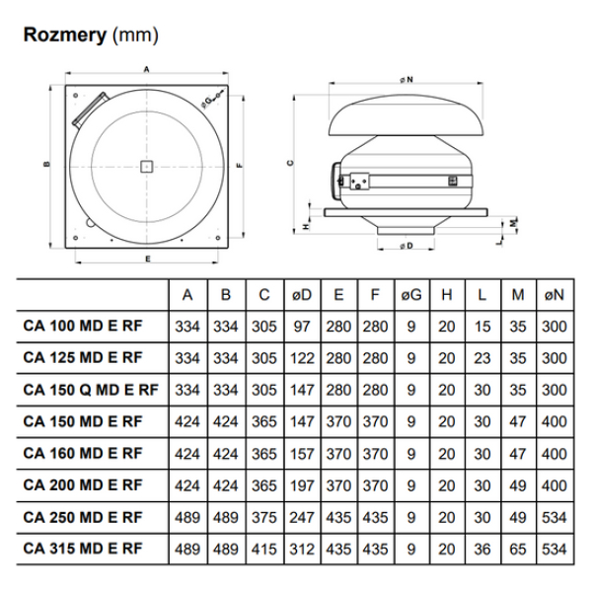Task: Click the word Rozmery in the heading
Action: coord(65,37)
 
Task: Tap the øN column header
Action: coord(555,294)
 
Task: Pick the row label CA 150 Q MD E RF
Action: coord(90,390)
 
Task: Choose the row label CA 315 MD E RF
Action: coord(82,548)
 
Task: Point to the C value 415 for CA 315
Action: coord(263,548)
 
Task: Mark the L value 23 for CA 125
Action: coord(481,358)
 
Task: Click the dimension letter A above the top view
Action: coord(146,70)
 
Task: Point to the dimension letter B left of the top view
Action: coord(46,166)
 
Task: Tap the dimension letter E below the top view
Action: coord(147,259)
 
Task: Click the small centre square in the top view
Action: coord(146,166)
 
